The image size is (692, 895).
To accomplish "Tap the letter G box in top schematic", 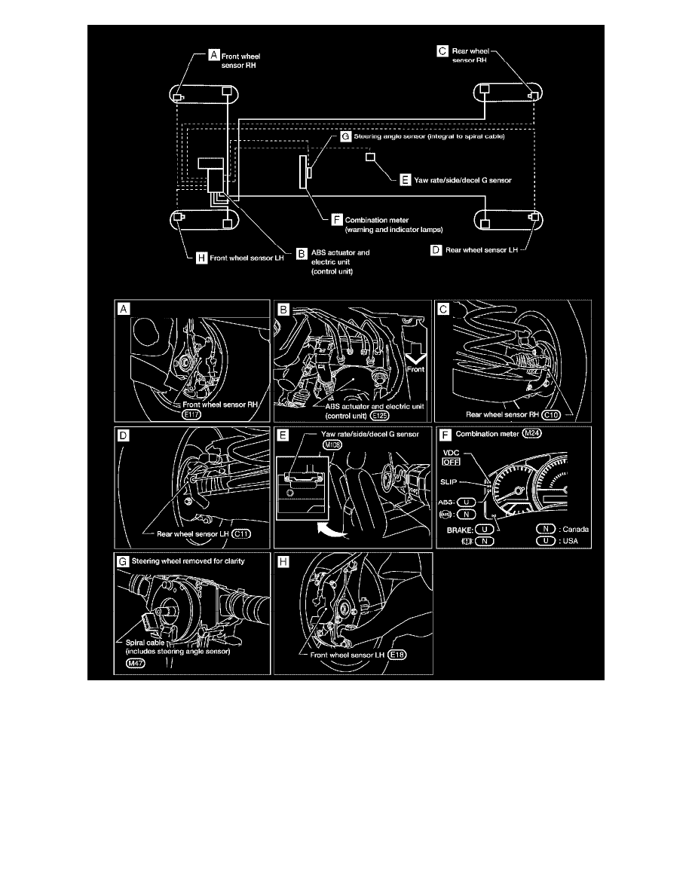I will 344,138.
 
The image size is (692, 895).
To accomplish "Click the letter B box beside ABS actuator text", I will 302,254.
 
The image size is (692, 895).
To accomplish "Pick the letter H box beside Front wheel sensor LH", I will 201,258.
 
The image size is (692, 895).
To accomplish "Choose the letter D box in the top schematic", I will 436,248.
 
